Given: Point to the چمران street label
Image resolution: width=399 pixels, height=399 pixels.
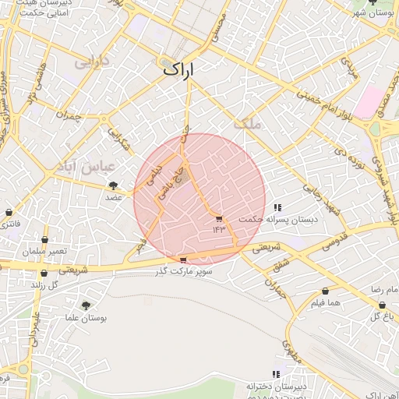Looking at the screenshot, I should pos(68,117).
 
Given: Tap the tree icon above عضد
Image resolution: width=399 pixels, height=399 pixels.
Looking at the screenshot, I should pos(114,185).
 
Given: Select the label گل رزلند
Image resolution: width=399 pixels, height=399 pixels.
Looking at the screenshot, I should pos(44,285).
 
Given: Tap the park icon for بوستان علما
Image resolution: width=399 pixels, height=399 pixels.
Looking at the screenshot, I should pos(86,305).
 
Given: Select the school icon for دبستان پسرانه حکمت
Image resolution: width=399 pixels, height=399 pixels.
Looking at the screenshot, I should pos(277,207).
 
